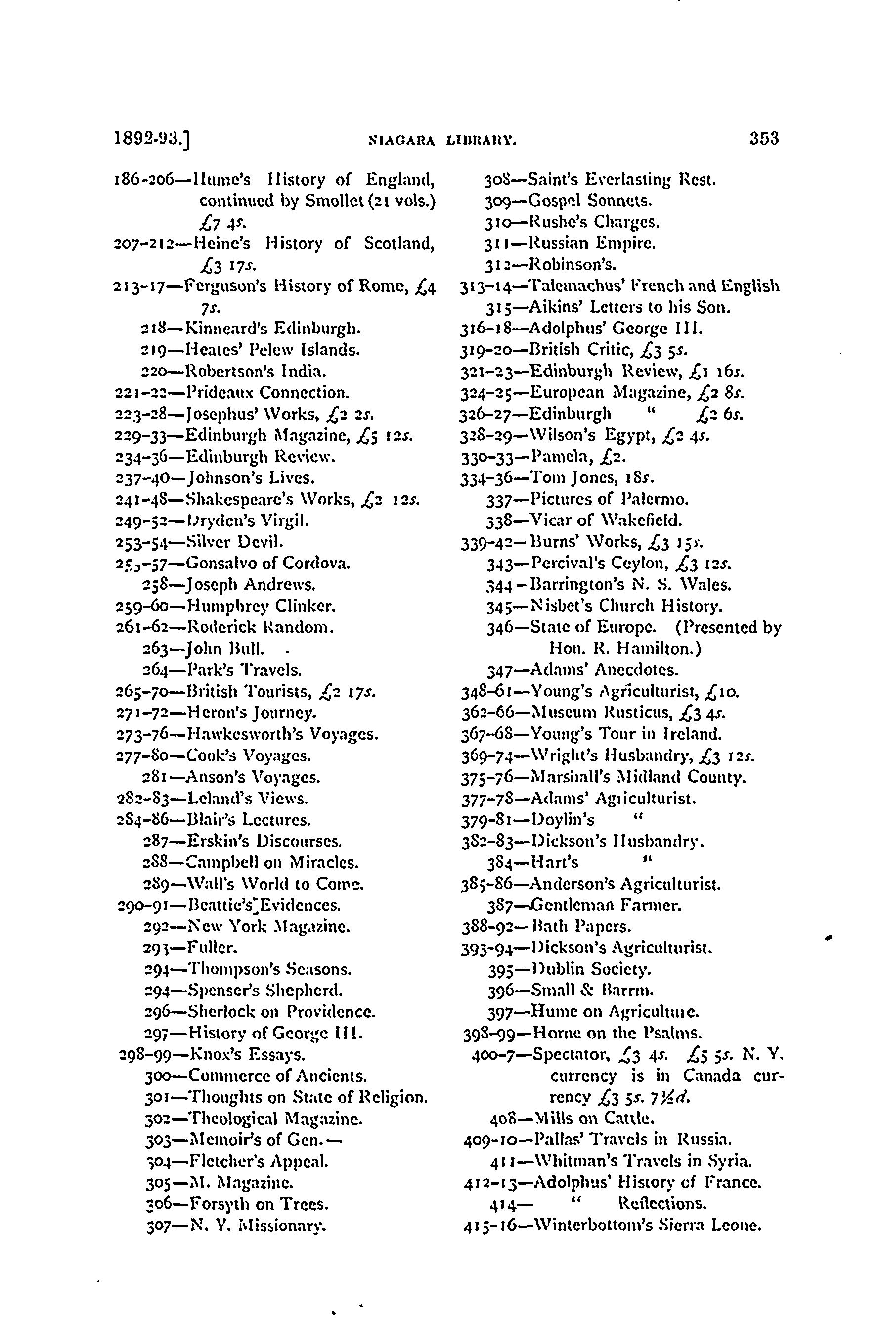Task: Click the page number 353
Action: (x=763, y=138)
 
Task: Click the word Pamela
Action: (x=559, y=457)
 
